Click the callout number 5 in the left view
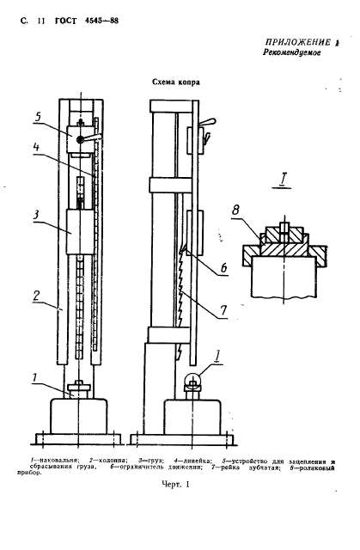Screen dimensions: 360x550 38,117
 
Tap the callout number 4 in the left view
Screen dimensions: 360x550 36,147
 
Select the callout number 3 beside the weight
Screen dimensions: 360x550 36,214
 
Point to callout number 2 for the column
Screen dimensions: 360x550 36,296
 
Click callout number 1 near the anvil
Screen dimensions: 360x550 34,378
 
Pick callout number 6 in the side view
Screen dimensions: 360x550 223,267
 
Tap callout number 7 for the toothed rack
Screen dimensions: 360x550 223,310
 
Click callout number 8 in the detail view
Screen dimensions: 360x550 235,210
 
